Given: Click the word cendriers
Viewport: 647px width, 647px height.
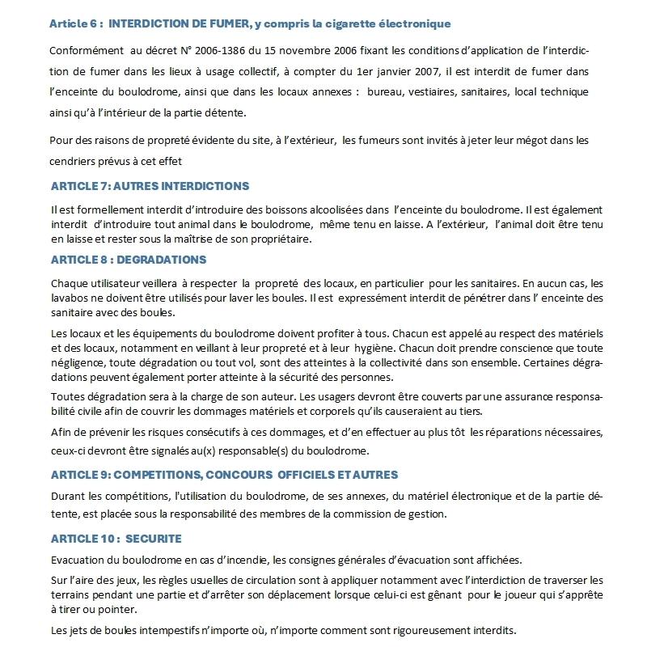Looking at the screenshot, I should [74, 160].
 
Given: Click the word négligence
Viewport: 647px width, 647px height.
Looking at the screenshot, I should [78, 362].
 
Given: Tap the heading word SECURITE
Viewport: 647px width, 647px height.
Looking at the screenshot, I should [154, 538].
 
